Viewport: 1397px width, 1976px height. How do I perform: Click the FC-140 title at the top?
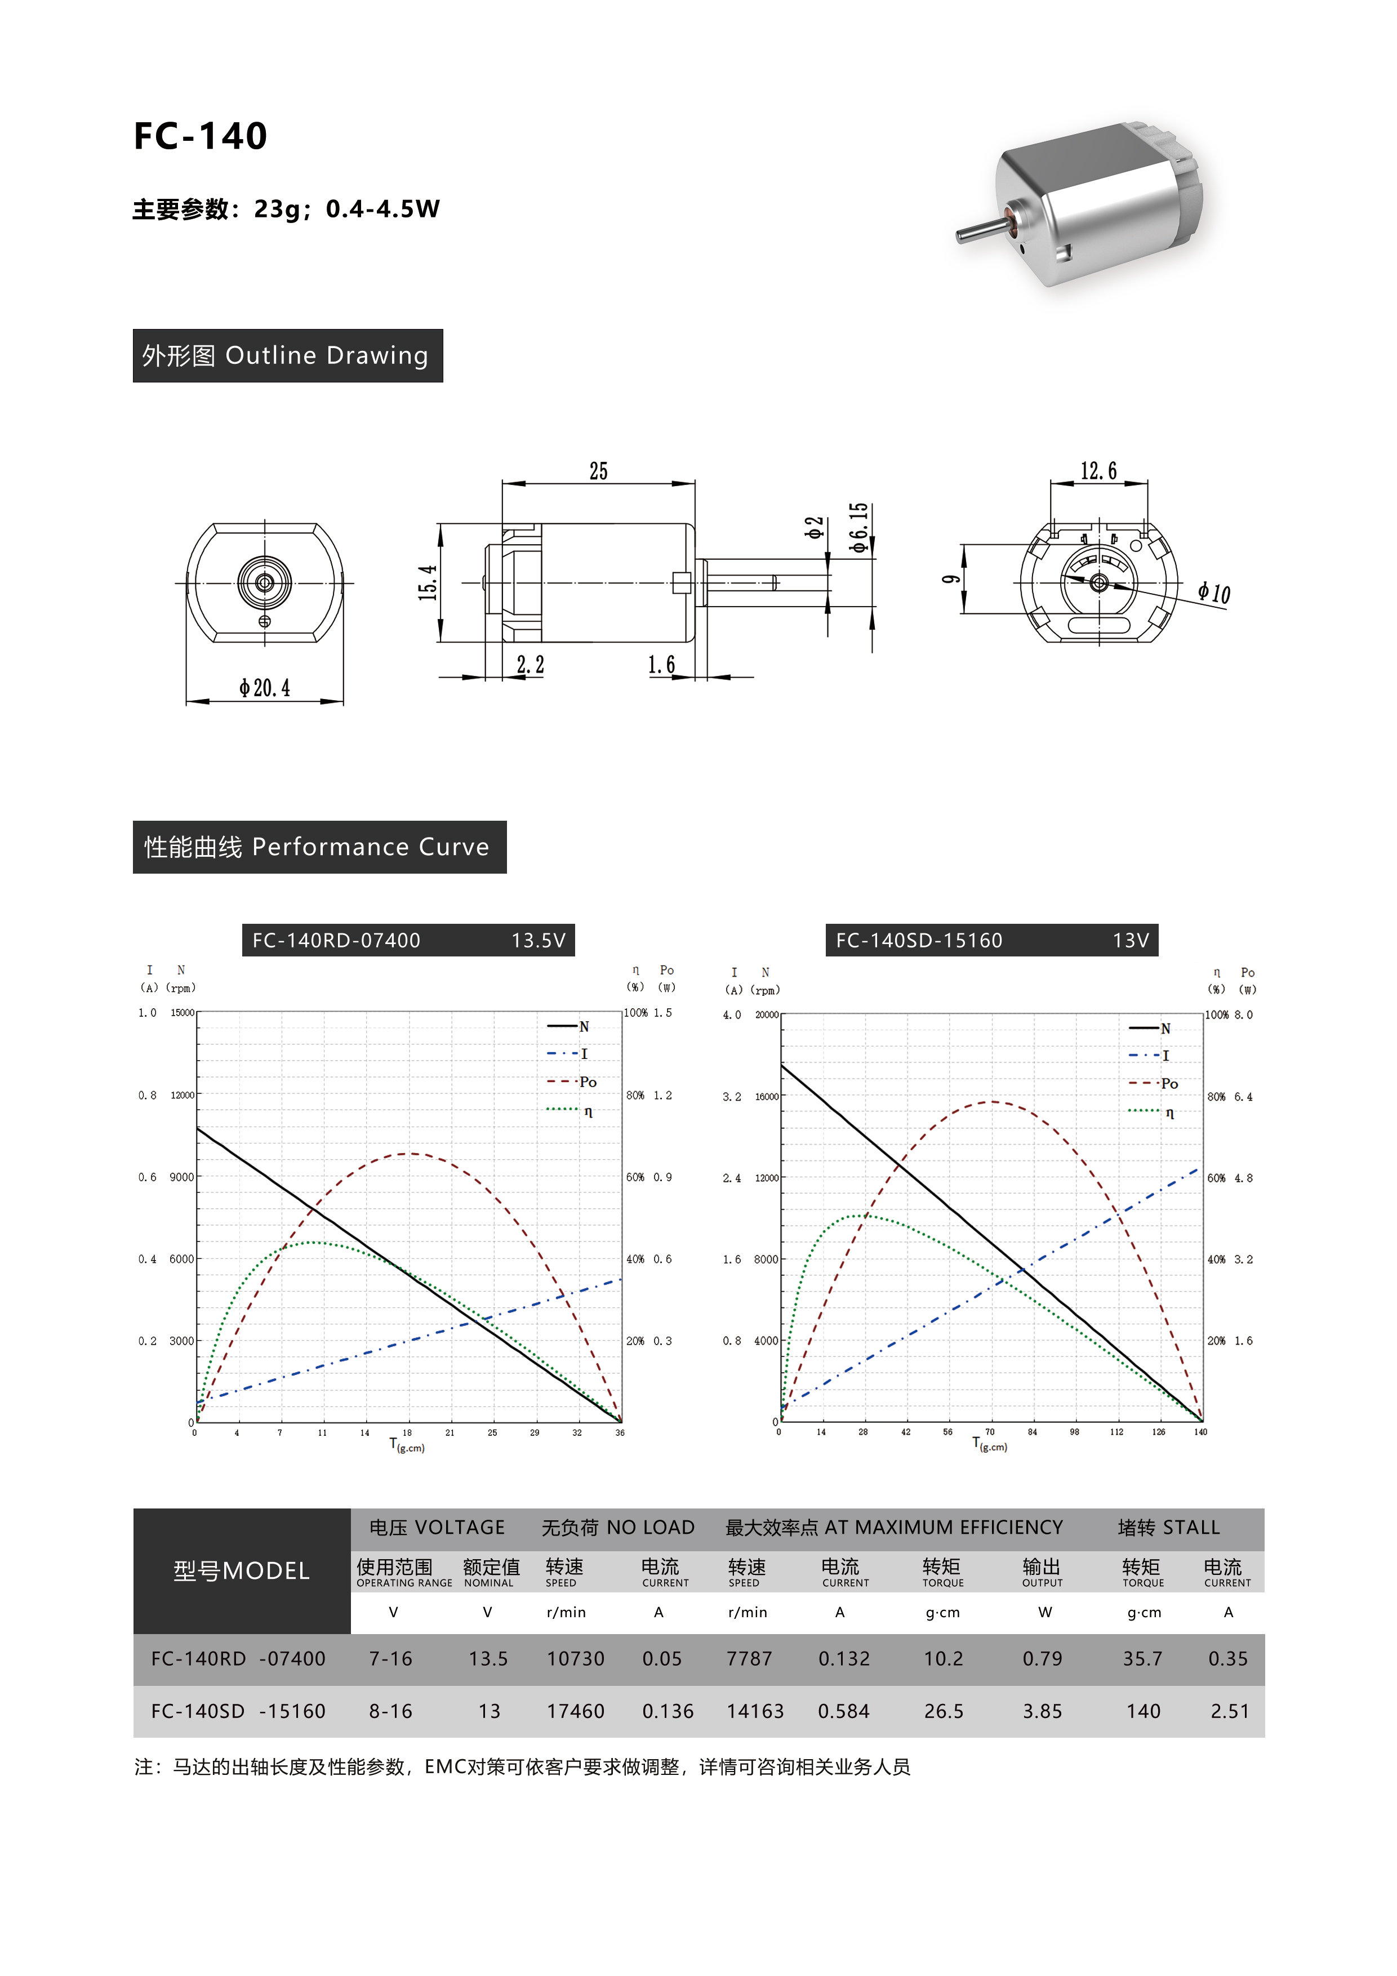[200, 136]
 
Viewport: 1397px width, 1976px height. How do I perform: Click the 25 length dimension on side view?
[598, 471]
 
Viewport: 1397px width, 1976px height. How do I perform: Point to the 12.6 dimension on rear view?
[1098, 471]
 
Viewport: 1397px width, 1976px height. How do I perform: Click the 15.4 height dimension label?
[428, 582]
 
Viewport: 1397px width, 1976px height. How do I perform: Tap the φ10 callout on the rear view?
[1214, 593]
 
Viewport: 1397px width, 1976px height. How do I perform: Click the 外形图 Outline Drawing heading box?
[287, 355]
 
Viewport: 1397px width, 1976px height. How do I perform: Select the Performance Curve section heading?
[319, 847]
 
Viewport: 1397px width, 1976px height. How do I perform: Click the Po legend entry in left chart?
[587, 1082]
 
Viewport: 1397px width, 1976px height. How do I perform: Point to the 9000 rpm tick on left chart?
[181, 1177]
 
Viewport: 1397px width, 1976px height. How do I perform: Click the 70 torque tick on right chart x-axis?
[990, 1432]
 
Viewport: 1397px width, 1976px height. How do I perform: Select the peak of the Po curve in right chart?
[991, 1102]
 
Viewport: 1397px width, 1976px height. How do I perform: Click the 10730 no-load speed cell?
[575, 1658]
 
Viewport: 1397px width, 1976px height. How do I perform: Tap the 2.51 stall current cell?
[1229, 1711]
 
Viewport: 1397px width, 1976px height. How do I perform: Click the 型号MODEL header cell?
[242, 1570]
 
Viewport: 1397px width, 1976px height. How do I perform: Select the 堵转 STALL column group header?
[1168, 1528]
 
